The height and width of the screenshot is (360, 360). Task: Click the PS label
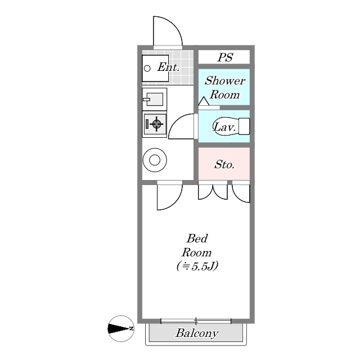pos(226,57)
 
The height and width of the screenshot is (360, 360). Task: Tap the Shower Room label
pos(224,88)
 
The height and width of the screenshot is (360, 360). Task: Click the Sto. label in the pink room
pos(224,165)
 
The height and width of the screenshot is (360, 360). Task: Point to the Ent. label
pos(168,67)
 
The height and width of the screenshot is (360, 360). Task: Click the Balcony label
pos(196,334)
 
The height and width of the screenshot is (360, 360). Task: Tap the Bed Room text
pos(197,246)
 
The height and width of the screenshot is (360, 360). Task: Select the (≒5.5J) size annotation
pos(197,266)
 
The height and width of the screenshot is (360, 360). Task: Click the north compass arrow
pos(120,328)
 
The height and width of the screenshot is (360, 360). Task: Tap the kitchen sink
pos(154,100)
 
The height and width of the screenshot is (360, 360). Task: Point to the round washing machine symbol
pos(154,160)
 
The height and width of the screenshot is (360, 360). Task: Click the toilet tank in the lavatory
pos(245,126)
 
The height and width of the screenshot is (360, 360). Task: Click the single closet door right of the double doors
pos(241,193)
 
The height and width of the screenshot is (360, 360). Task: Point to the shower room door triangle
pos(203,102)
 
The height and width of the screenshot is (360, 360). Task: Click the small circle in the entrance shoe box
pos(147,69)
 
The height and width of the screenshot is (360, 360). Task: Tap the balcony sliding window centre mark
pos(196,321)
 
